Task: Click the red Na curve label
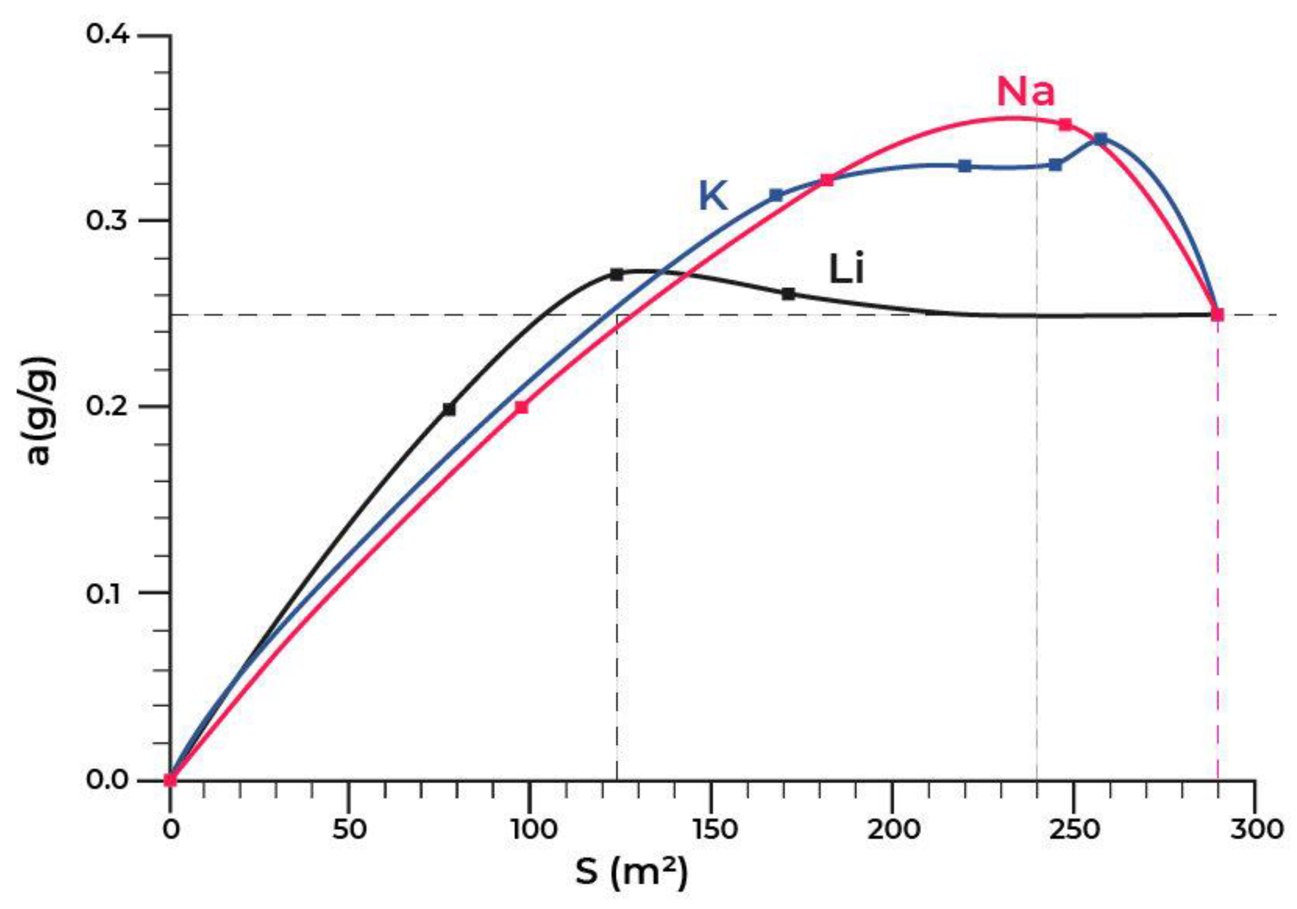(x=1025, y=92)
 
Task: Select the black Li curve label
(x=846, y=269)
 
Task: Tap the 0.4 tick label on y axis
(x=107, y=34)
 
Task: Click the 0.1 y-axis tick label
(x=107, y=594)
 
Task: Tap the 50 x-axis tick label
(x=350, y=829)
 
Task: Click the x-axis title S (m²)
(x=632, y=873)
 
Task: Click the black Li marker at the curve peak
(x=617, y=274)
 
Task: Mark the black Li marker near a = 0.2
(x=449, y=409)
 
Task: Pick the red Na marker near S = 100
(x=522, y=407)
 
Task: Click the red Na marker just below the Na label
(x=1065, y=124)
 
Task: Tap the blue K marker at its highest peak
(x=1101, y=139)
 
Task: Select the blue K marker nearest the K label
(x=777, y=195)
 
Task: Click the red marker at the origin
(x=170, y=780)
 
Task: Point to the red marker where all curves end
(x=1217, y=314)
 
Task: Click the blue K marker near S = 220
(x=965, y=165)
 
